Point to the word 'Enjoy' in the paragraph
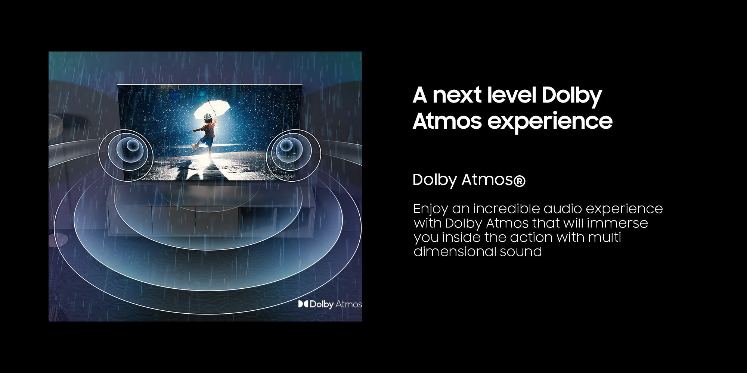[x=431, y=209]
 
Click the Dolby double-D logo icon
[x=303, y=304]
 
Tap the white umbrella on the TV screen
[x=212, y=110]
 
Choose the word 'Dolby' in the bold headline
[x=571, y=95]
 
